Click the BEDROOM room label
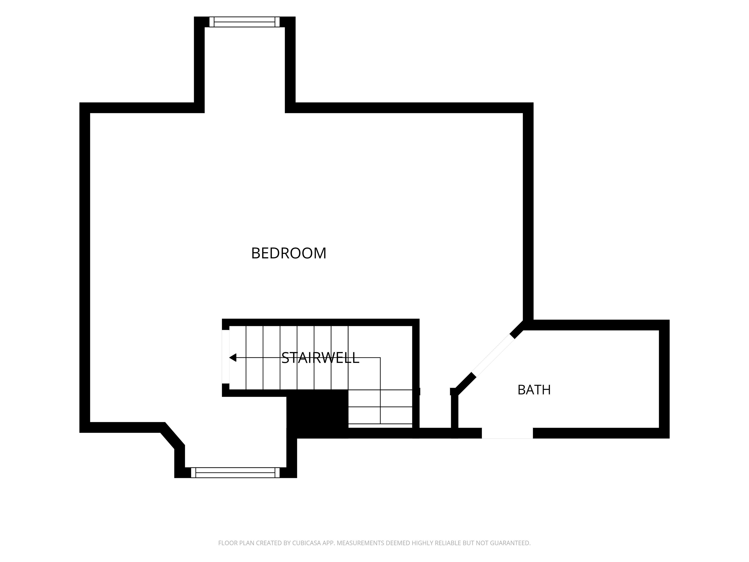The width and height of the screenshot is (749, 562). (x=288, y=253)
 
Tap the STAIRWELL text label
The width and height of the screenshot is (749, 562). (x=320, y=358)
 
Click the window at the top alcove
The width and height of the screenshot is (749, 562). (x=245, y=22)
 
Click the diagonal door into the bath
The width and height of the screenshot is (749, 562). (x=493, y=355)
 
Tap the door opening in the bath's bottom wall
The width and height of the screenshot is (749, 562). (x=507, y=433)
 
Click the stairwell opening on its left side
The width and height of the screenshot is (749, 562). (x=226, y=357)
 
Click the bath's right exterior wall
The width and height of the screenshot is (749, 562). (x=664, y=379)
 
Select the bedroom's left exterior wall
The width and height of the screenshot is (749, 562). (x=85, y=268)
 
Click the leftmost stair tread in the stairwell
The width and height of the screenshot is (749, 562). (x=238, y=358)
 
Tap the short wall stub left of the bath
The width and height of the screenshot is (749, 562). (x=454, y=413)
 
